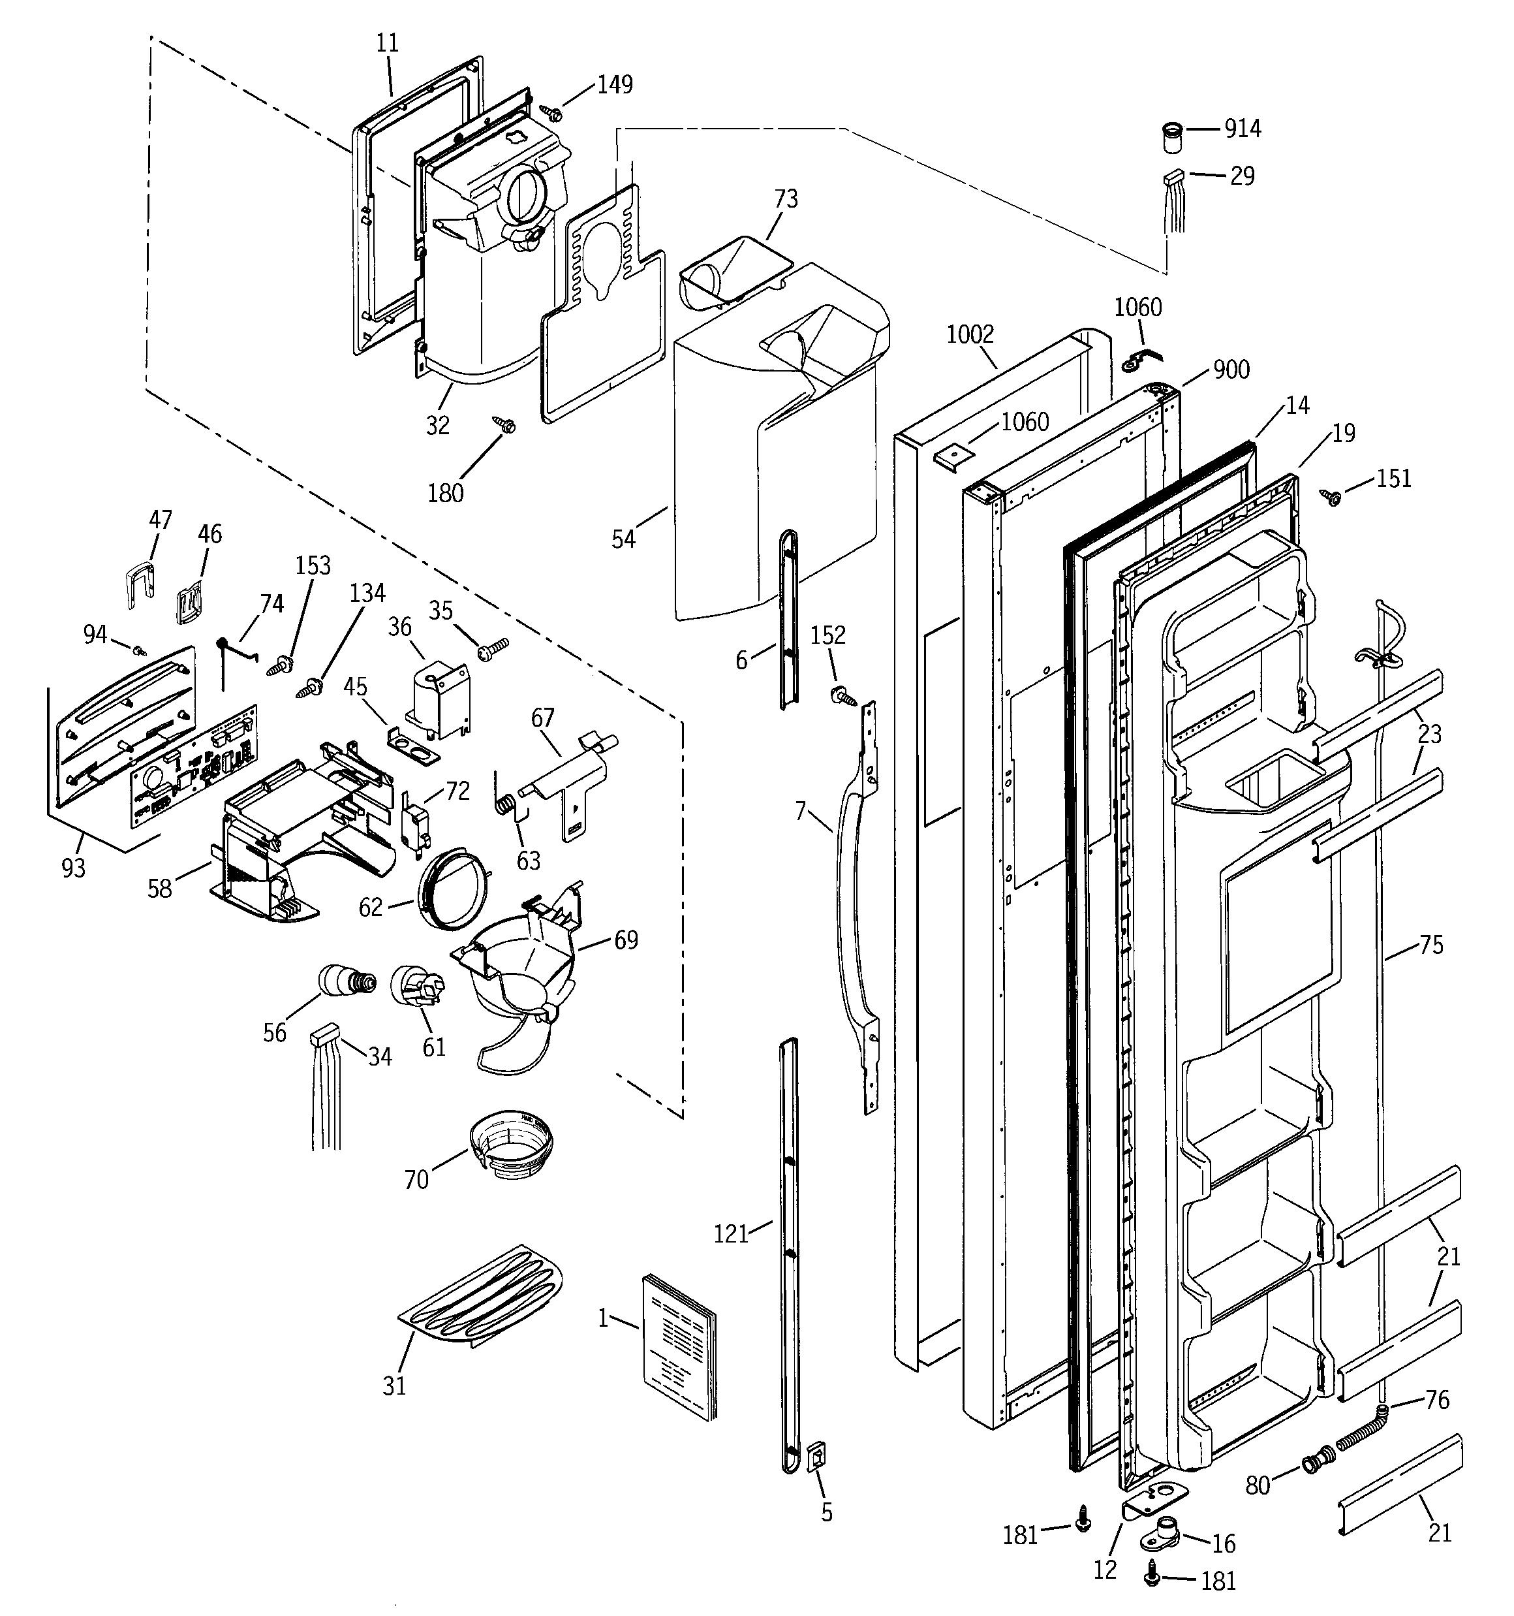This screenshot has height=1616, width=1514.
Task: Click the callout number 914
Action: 1243,129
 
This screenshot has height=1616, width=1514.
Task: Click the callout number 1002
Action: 970,334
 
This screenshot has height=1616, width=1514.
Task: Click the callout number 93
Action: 73,868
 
